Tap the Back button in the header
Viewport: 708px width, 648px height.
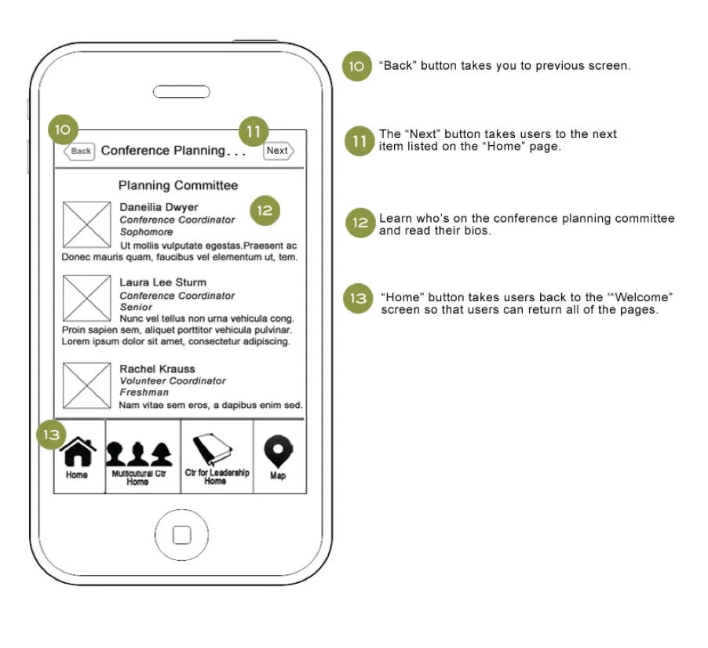[x=78, y=151]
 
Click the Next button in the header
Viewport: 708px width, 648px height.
[x=278, y=151]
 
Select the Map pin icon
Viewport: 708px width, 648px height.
[x=278, y=453]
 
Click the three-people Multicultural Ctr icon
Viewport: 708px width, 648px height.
[x=139, y=453]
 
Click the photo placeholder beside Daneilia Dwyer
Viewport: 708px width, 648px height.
[x=86, y=225]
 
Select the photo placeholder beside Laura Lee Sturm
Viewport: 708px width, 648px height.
[x=86, y=298]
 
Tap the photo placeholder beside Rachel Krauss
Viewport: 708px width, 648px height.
[x=86, y=385]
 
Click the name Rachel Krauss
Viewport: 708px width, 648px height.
[x=157, y=369]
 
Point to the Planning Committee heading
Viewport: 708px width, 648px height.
[x=178, y=186]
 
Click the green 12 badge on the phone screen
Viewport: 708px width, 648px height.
[x=265, y=210]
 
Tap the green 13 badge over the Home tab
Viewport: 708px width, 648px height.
[x=51, y=434]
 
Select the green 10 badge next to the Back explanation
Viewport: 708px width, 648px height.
[x=356, y=67]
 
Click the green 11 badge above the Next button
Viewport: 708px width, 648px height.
[x=253, y=132]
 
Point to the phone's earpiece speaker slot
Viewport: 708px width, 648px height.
[x=181, y=91]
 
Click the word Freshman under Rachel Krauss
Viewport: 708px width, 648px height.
[x=144, y=392]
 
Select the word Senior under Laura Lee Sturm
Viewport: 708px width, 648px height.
[x=136, y=308]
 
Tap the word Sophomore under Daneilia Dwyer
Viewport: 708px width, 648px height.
[x=146, y=232]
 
